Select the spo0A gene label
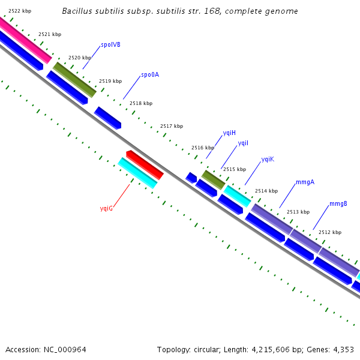150,75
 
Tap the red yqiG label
106,208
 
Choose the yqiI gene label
243,143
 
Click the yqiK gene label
268,160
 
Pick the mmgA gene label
305,182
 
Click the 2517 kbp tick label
172,127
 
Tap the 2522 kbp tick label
20,11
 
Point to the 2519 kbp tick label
110,81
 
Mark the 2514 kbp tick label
266,191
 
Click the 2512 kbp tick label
330,232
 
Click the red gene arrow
145,164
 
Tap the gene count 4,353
343,349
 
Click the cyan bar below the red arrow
137,173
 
